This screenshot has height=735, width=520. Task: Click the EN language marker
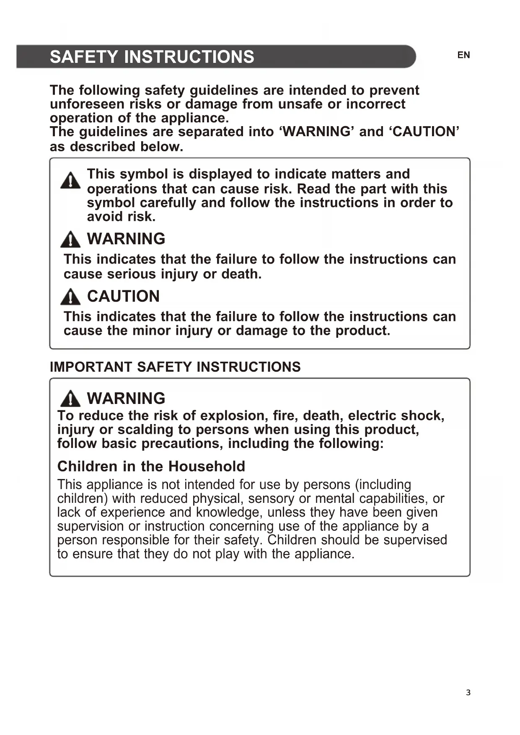tap(463, 55)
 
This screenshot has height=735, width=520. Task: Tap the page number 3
tap(468, 692)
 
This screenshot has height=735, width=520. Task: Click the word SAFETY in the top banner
tap(84, 57)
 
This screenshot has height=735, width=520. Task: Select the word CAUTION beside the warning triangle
tap(123, 296)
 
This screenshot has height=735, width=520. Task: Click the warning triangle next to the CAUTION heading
tap(70, 297)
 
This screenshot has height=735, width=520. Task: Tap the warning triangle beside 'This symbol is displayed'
tap(70, 181)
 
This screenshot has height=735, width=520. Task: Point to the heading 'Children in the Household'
tap(151, 466)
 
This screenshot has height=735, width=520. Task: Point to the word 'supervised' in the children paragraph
tap(415, 540)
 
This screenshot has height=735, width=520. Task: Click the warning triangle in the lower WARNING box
tap(70, 399)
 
